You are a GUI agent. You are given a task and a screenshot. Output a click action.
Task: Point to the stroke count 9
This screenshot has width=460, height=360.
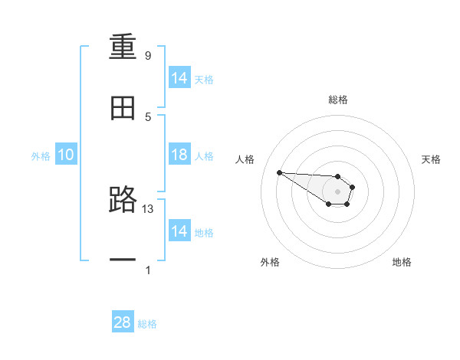[x=148, y=56]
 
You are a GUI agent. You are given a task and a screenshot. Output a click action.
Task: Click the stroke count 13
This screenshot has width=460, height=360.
[x=148, y=208]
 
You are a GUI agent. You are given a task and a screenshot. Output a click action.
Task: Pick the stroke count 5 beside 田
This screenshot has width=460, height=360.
[x=148, y=116]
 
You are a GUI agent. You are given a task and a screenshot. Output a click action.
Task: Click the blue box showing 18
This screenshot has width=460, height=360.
[x=179, y=155]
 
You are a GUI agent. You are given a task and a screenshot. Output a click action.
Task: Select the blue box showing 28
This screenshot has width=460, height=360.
[x=123, y=322]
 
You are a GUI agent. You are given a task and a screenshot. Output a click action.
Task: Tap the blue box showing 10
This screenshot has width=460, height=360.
[x=66, y=155]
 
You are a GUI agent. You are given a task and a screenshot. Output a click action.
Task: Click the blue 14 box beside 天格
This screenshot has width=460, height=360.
[x=179, y=78]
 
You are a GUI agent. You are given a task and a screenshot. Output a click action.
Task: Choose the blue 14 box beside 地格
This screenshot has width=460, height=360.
[x=179, y=231]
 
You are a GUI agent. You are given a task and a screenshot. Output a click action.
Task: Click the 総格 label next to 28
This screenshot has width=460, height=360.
[x=147, y=324]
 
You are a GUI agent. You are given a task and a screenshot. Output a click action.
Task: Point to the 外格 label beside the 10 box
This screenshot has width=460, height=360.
[x=41, y=156]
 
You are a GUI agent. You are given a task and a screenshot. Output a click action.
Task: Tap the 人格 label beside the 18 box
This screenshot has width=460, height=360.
[x=204, y=155]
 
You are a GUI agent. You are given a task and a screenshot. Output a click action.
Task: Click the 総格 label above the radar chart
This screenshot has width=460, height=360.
[x=337, y=100]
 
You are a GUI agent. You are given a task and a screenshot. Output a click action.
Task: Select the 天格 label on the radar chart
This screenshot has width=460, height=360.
[x=431, y=159]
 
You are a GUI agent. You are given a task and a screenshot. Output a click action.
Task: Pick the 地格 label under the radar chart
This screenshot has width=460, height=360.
[x=402, y=262]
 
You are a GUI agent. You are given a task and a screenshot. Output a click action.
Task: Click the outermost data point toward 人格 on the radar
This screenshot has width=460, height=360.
[x=279, y=172]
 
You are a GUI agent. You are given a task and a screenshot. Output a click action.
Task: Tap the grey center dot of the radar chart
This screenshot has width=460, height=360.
[x=337, y=191]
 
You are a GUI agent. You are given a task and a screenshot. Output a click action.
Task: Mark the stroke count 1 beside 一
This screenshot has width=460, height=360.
[x=148, y=270]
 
